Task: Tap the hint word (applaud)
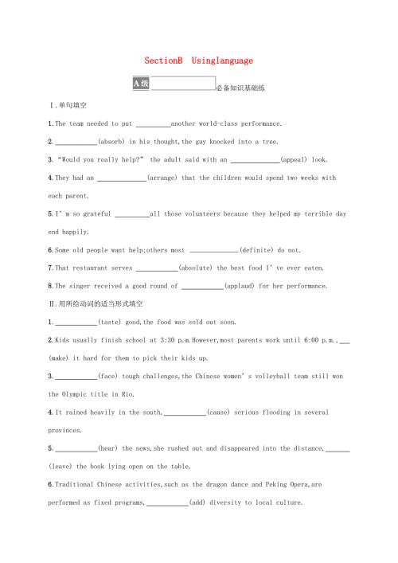[x=243, y=286]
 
